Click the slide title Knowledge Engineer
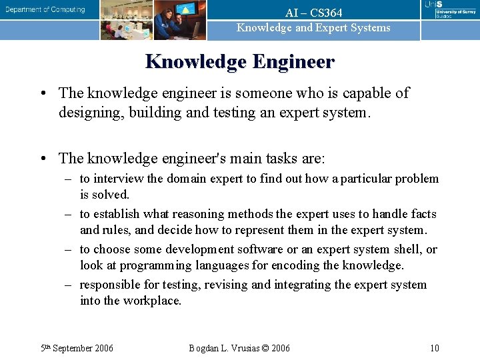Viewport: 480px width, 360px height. pyautogui.click(x=240, y=62)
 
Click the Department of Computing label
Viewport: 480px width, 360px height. pyautogui.click(x=46, y=10)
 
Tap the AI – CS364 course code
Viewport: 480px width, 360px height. pyautogui.click(x=313, y=13)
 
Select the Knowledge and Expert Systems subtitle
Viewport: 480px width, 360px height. pyautogui.click(x=313, y=27)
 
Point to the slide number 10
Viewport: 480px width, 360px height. pyautogui.click(x=434, y=348)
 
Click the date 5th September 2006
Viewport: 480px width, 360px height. pyautogui.click(x=77, y=348)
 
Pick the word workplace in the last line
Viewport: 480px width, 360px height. pyautogui.click(x=151, y=301)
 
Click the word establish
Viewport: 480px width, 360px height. pyautogui.click(x=116, y=214)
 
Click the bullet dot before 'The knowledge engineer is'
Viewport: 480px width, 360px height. pyautogui.click(x=43, y=93)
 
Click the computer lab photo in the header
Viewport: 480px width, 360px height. pyautogui.click(x=127, y=20)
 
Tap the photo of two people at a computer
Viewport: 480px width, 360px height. pyautogui.click(x=180, y=20)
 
